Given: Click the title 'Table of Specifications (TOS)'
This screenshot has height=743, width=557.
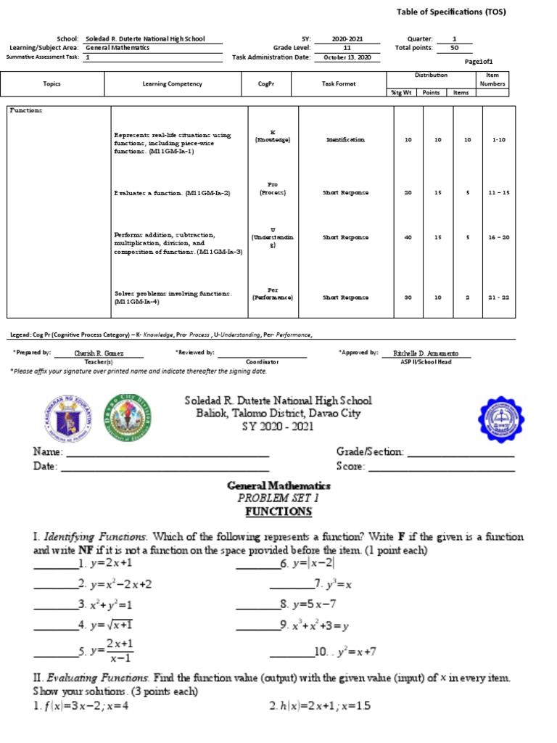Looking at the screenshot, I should (x=451, y=12).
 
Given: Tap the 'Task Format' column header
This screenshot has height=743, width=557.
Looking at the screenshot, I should (x=339, y=84).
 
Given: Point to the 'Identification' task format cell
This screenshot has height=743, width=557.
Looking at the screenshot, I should (x=346, y=139).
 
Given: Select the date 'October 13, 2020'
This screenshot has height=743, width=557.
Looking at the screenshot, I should (x=347, y=57).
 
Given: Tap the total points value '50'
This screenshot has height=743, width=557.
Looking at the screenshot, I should (x=454, y=48).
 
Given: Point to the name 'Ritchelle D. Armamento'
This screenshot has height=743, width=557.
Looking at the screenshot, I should (x=432, y=353).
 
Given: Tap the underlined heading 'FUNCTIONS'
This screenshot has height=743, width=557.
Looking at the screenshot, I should (x=278, y=512).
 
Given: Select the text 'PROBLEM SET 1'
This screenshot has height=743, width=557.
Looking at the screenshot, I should (x=278, y=498).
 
